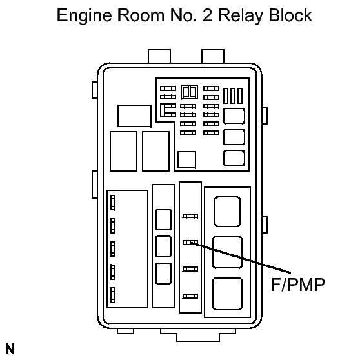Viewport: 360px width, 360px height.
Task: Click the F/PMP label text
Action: (298, 285)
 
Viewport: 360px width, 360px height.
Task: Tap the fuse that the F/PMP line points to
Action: (190, 243)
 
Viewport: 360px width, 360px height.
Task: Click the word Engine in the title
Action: (85, 16)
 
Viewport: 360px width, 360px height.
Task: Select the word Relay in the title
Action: (240, 16)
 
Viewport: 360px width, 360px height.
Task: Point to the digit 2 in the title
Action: (207, 15)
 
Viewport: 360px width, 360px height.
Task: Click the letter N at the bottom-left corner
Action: (10, 349)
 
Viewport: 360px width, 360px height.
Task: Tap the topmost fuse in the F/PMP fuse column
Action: (190, 216)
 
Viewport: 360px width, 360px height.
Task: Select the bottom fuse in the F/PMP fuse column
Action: (190, 296)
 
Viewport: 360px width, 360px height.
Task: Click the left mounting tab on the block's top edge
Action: (159, 56)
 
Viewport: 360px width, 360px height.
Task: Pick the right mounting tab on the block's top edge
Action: (213, 56)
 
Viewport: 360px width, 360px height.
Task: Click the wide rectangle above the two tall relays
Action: (135, 115)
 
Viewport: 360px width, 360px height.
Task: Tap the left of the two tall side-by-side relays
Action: (123, 151)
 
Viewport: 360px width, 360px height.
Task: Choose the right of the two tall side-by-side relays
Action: (156, 151)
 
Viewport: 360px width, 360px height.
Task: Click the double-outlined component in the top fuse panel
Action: (189, 92)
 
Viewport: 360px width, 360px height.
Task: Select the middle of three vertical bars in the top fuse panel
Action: (233, 95)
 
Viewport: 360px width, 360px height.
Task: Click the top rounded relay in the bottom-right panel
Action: (228, 212)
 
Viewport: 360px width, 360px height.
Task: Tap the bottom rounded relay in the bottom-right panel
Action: (228, 294)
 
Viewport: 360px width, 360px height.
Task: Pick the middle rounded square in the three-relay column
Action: (163, 246)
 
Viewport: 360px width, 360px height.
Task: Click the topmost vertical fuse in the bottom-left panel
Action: (113, 203)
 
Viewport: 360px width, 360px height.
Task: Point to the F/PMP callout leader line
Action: (241, 258)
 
